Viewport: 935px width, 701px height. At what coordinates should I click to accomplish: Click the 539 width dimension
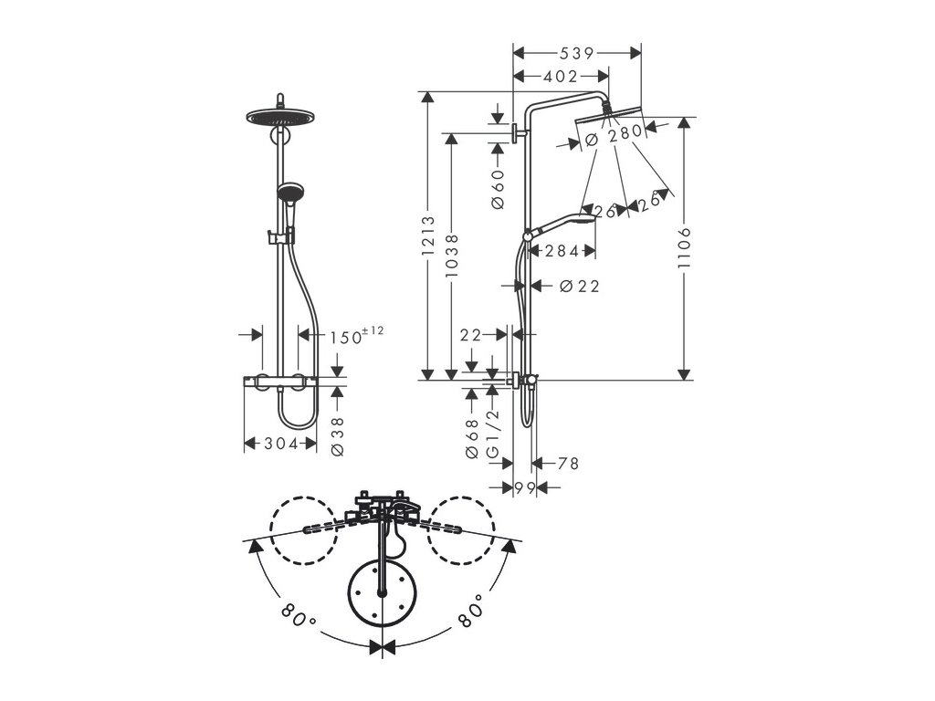[x=577, y=53]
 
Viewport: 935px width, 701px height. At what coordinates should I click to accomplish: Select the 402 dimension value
[x=561, y=77]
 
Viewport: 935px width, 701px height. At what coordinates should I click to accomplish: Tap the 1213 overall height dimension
[x=428, y=236]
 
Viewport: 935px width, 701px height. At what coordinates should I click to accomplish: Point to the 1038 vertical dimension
[x=451, y=256]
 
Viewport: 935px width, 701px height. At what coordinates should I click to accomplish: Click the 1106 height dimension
[x=684, y=248]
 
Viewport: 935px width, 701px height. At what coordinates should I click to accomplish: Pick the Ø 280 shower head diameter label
[x=614, y=135]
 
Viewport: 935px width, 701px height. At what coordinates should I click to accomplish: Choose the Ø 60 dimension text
[x=498, y=190]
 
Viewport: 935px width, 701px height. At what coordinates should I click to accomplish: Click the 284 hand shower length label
[x=562, y=252]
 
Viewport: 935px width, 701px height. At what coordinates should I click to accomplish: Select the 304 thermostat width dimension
[x=280, y=444]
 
